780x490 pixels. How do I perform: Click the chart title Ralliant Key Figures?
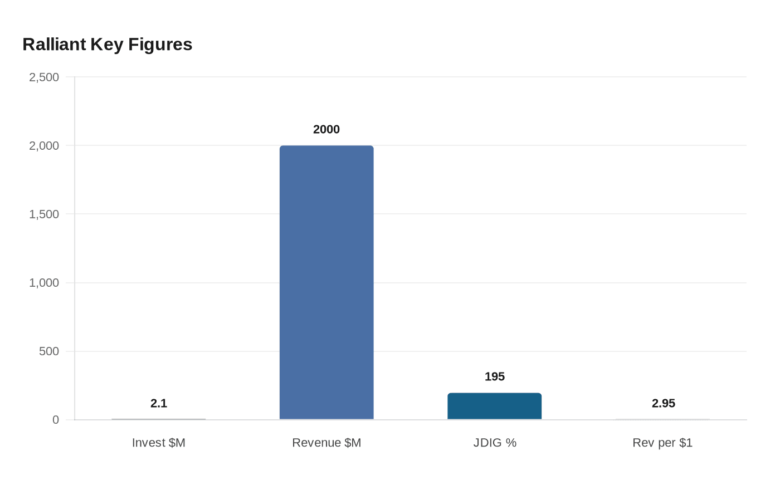point(108,45)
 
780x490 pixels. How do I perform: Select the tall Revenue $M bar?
point(326,282)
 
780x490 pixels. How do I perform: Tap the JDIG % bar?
point(494,406)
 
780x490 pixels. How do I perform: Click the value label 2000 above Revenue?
point(326,129)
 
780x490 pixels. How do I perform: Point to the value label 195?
point(495,376)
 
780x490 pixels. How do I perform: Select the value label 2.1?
point(159,403)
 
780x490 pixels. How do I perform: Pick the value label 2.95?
point(663,403)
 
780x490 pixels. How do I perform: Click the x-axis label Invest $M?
point(159,443)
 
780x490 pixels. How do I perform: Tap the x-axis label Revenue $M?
point(326,443)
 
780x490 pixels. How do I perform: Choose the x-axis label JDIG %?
point(495,443)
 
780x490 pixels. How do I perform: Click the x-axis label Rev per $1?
point(662,443)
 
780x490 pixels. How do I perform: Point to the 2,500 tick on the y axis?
point(44,77)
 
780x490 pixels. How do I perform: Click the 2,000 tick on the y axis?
point(44,146)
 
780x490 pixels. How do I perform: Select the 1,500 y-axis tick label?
point(44,214)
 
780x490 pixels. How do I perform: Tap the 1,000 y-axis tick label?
point(44,283)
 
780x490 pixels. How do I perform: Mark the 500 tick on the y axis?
point(49,351)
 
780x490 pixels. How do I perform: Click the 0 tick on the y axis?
point(56,420)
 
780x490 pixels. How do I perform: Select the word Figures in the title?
point(160,45)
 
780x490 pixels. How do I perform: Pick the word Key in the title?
point(107,45)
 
